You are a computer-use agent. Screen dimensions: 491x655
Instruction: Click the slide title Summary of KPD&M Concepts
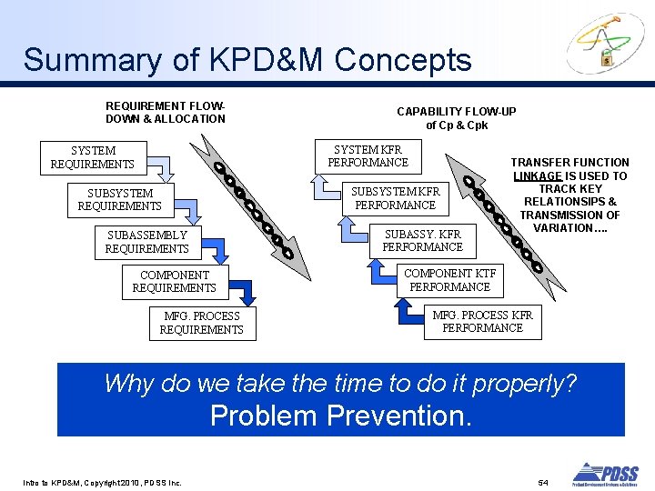pos(247,60)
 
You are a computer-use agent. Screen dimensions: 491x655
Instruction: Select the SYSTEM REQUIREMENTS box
pos(93,157)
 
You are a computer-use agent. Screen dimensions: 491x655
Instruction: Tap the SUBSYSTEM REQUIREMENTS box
pos(120,200)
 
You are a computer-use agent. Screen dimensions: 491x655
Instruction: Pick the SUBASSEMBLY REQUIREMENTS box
pos(146,242)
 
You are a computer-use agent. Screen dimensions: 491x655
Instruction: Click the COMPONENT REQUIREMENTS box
pos(174,281)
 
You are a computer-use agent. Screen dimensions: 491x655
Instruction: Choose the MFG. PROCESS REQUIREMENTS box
pos(201,323)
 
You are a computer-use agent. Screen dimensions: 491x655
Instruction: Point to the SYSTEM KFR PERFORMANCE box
pos(368,156)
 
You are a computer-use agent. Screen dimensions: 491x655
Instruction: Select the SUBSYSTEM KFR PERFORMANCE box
pos(395,198)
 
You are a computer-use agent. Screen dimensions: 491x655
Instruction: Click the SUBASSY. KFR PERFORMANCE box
pos(422,240)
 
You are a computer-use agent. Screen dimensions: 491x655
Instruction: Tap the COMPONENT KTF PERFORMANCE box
pos(449,280)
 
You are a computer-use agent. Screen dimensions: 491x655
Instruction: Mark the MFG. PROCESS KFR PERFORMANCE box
pos(482,321)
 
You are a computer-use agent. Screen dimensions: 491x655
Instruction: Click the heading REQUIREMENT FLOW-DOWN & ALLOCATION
pos(166,112)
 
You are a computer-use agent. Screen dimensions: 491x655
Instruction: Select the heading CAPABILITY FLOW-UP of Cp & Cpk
pos(456,118)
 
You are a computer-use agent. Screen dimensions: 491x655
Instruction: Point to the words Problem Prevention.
pos(341,416)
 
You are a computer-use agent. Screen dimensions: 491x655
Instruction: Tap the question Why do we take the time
pos(341,383)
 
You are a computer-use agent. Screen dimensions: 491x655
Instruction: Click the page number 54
pos(543,480)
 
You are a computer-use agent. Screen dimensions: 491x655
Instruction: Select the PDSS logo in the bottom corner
pos(605,473)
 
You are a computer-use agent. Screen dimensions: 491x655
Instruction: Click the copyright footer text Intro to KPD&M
pos(101,481)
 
